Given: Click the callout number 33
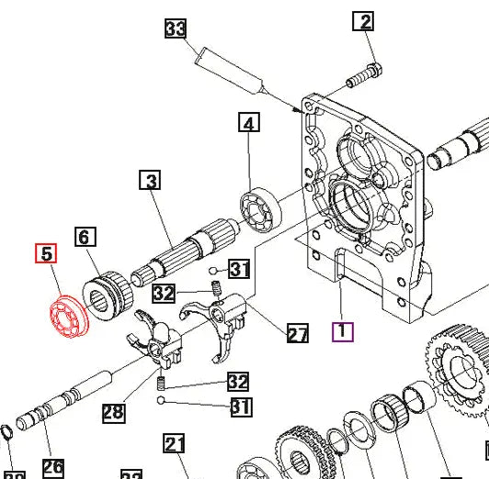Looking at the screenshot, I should pos(176,29).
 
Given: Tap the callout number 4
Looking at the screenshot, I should pos(250,122).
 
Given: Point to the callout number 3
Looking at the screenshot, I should pos(151,181).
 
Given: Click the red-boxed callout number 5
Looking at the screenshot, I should pos(46,253).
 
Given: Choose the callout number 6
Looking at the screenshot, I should pos(85,238).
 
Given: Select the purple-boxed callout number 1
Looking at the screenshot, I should pos(342,330).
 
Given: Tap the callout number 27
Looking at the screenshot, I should pos(298,334).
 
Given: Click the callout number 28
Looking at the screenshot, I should pos(113,412).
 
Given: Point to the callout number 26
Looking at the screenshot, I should pos(53,466).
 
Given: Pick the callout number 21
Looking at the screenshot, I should pos(176,444).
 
